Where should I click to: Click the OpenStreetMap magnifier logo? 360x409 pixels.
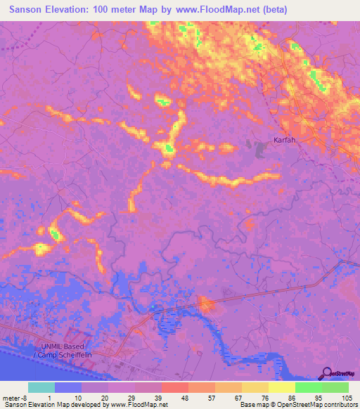[326, 372]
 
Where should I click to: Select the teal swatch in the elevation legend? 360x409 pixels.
[41, 387]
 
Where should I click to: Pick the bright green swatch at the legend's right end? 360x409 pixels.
[335, 387]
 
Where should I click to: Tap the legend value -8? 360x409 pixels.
[26, 398]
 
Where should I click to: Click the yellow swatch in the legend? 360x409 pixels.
[281, 387]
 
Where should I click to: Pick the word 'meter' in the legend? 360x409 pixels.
[11, 398]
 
